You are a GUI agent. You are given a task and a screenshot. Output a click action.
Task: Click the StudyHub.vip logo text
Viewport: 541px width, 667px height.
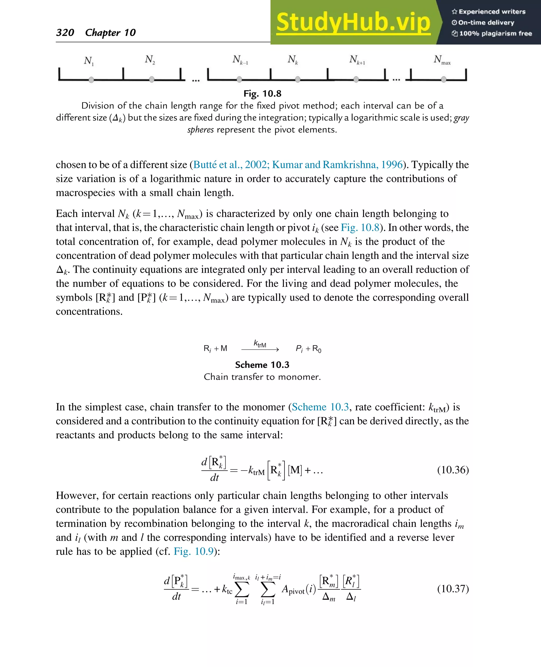click(353, 22)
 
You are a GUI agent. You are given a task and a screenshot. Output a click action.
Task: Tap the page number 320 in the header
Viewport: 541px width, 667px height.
click(65, 32)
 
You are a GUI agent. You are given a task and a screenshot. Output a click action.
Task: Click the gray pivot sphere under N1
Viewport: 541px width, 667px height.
click(91, 80)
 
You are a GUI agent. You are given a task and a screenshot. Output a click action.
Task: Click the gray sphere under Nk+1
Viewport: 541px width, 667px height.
click(356, 79)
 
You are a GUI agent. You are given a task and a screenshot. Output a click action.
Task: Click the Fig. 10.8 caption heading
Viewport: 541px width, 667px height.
click(262, 93)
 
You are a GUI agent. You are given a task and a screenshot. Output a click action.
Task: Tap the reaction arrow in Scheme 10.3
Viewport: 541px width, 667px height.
click(260, 350)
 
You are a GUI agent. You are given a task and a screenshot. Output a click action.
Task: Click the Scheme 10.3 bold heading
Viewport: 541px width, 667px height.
click(262, 365)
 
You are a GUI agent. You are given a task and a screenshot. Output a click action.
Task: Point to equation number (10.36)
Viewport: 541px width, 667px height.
click(453, 470)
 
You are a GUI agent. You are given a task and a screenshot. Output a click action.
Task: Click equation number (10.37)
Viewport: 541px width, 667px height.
click(453, 589)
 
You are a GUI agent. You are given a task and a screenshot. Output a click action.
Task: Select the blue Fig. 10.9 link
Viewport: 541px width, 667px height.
click(194, 551)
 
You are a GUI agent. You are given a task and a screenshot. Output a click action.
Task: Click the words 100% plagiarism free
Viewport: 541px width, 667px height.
click(495, 34)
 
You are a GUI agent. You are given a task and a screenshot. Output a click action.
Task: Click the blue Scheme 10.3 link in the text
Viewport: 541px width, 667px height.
click(320, 407)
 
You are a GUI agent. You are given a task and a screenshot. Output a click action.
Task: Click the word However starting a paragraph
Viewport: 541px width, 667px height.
click(77, 496)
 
